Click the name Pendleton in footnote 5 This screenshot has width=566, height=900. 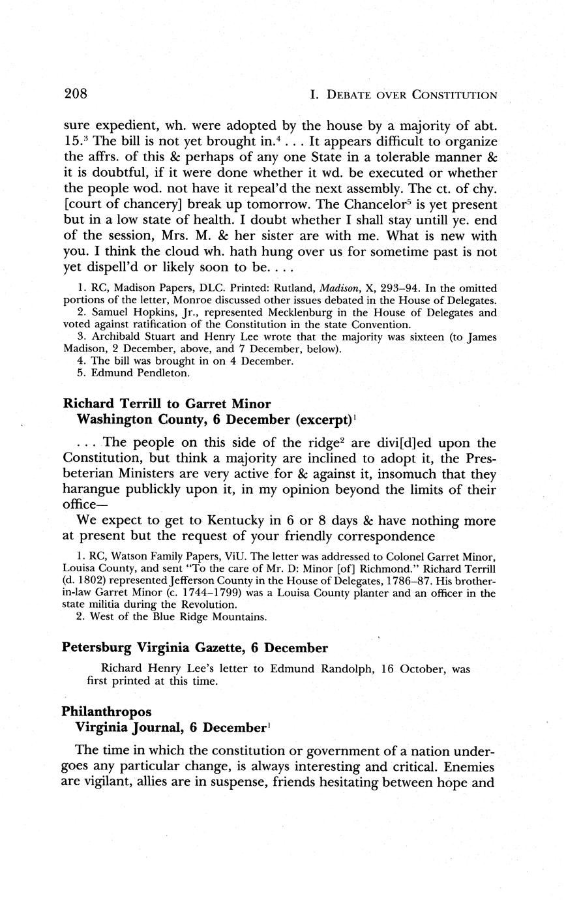tap(143, 373)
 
